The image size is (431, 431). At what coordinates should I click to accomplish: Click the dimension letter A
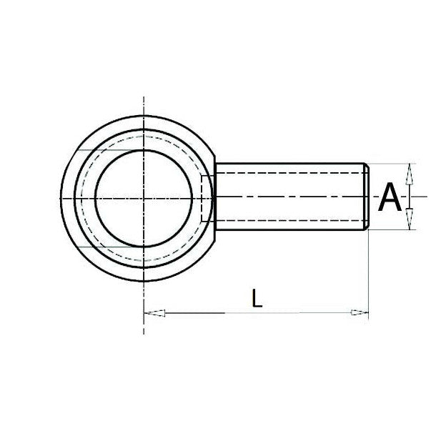click(x=390, y=197)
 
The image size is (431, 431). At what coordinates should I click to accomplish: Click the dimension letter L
click(x=257, y=298)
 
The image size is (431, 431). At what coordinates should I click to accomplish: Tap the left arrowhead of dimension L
click(x=154, y=312)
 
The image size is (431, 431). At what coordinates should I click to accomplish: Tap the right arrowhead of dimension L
click(x=360, y=312)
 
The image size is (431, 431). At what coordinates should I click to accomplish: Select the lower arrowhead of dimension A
click(x=409, y=219)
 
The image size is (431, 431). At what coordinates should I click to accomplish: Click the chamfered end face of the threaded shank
click(x=367, y=197)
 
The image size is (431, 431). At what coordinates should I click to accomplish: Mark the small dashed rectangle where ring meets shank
click(x=207, y=197)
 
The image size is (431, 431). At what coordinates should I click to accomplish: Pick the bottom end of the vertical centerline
click(x=144, y=333)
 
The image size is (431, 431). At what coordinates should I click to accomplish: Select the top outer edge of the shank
click(x=286, y=163)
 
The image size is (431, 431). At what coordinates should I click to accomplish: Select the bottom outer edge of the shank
click(x=286, y=230)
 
